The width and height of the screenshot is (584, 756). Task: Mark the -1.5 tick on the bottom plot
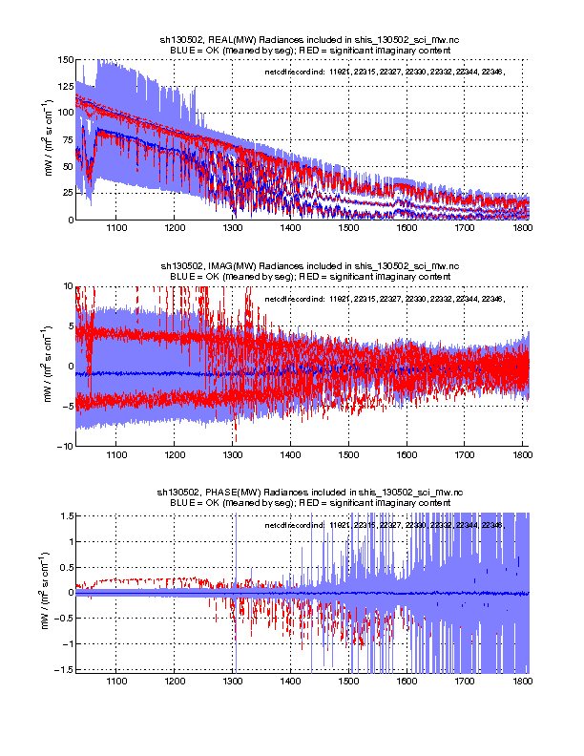point(63,670)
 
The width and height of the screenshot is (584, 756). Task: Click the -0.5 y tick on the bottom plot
point(63,619)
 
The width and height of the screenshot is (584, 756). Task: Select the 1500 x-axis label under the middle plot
point(349,455)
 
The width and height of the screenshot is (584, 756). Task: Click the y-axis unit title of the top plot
point(50,139)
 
